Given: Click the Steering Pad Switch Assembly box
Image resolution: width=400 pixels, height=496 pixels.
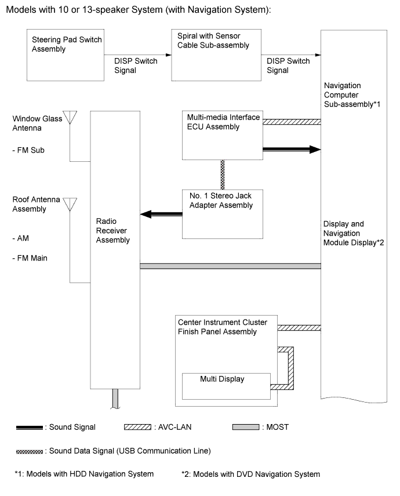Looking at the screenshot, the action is pos(66,55).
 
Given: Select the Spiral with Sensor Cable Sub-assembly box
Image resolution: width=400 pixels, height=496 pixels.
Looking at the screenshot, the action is pos(216,55).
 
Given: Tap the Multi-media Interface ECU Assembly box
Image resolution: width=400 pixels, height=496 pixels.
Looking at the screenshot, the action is pos(222,135).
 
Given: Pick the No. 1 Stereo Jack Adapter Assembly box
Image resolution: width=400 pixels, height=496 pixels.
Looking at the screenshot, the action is pos(222,214).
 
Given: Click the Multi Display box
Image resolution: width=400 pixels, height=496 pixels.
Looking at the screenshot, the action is pos(226,386).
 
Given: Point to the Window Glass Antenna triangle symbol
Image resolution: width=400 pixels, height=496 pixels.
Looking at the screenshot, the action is pos(70,117).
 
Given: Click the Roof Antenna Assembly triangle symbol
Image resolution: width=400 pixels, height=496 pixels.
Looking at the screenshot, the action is pos(70,204).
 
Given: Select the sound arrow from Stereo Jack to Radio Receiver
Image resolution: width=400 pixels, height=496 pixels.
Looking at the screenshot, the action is pos(161,214).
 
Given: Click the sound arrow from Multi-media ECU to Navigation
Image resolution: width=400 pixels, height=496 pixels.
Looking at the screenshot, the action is pos(292,149).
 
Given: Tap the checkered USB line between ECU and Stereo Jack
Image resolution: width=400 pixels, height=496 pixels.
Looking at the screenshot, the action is pos(222,175).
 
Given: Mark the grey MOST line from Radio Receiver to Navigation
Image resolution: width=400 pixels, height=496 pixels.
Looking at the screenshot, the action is pos(231,266).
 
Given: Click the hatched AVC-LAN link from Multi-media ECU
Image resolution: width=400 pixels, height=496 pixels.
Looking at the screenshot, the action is pos(292,122).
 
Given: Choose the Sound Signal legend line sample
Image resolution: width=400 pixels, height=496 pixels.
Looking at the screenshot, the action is pos(30,428).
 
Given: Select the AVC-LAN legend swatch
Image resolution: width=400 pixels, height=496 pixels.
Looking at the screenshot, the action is pos(137,427).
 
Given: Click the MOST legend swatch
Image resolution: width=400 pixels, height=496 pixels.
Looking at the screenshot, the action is pos(246,427).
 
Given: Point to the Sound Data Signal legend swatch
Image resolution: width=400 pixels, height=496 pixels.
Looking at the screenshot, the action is pos(30,452).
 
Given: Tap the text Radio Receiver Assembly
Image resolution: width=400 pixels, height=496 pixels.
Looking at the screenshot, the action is pos(113,231).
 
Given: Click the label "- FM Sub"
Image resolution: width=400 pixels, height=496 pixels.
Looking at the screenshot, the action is pos(28,150).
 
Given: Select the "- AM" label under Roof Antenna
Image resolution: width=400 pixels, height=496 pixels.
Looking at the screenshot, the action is pos(20,238).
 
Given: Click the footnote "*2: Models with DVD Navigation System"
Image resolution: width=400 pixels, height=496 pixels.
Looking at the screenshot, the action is pos(251,474).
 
